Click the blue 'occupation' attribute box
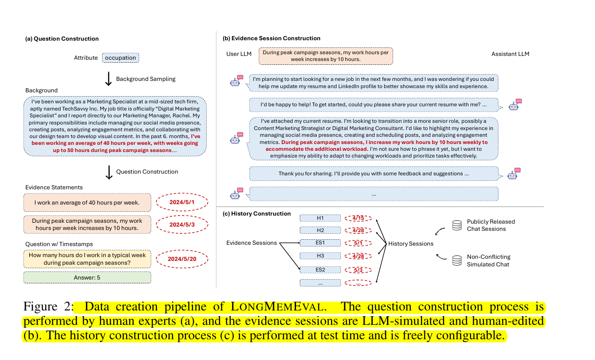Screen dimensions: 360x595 click(x=121, y=58)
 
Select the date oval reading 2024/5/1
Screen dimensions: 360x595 click(x=182, y=202)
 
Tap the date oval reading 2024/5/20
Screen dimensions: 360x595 click(x=182, y=259)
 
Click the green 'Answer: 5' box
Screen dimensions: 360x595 click(x=87, y=277)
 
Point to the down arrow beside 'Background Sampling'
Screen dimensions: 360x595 click(x=108, y=79)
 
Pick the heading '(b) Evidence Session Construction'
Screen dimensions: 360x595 click(x=271, y=38)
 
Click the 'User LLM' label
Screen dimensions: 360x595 click(x=239, y=54)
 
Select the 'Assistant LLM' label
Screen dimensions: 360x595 click(x=510, y=54)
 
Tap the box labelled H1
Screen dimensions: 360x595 click(x=320, y=218)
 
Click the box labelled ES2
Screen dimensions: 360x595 click(x=320, y=270)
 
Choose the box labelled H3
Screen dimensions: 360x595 click(x=320, y=256)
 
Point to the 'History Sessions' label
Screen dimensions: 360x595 click(x=411, y=244)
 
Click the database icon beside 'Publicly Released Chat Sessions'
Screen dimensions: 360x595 click(x=457, y=225)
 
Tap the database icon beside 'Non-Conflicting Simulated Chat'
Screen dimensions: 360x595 click(x=457, y=260)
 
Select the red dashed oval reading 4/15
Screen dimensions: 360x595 click(x=358, y=218)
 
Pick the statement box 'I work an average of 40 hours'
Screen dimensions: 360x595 click(x=87, y=202)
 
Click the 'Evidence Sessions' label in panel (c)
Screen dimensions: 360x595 click(x=252, y=243)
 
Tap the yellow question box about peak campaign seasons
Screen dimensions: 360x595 click(x=87, y=259)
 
